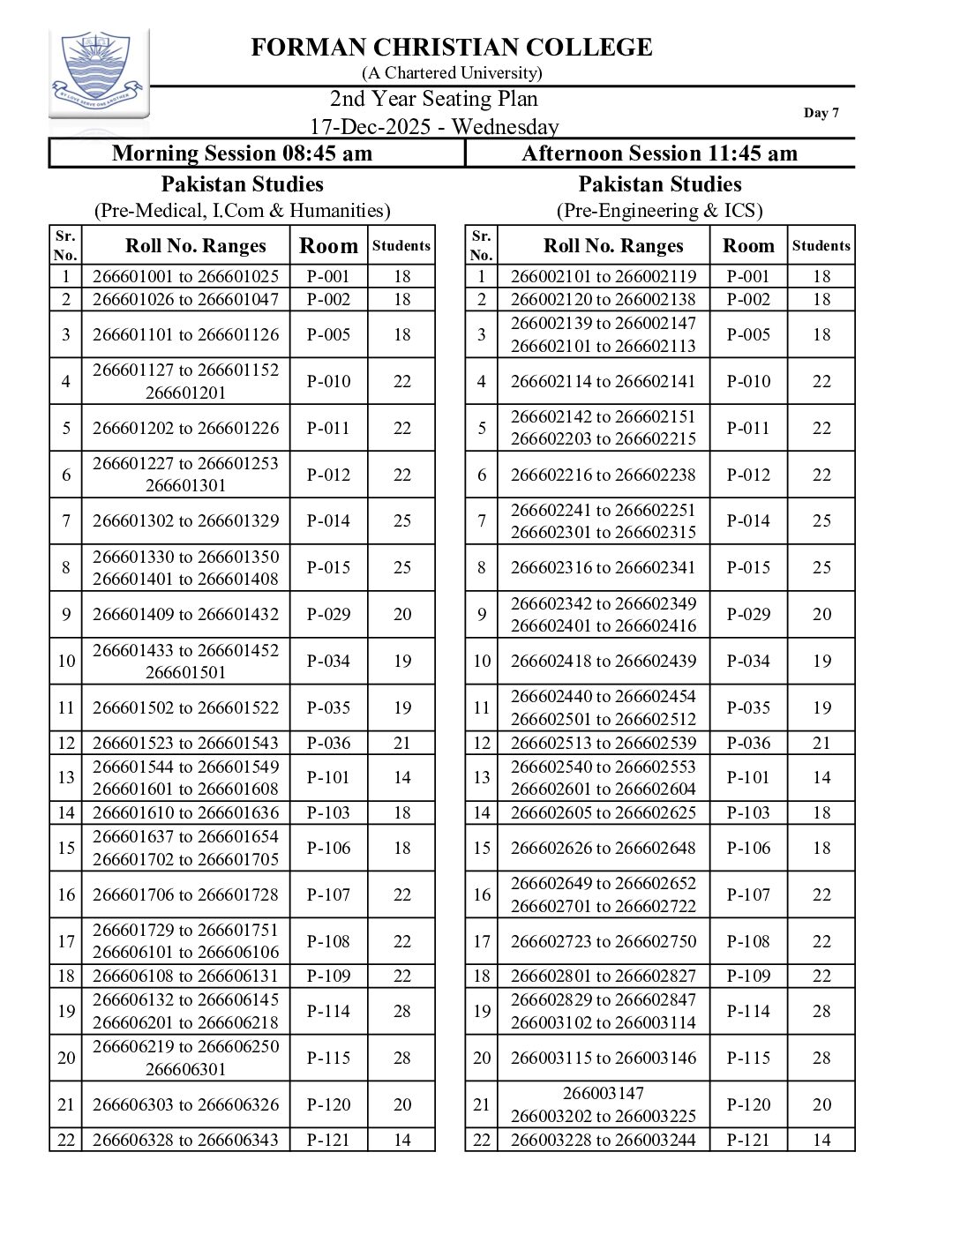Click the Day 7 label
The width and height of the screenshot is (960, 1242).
[821, 113]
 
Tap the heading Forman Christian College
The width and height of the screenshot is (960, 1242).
[452, 48]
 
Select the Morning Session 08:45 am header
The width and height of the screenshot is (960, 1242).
[243, 153]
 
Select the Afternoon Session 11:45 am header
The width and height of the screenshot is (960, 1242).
[659, 153]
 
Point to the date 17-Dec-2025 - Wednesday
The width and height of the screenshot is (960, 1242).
[434, 127]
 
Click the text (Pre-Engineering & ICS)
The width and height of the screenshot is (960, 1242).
[659, 211]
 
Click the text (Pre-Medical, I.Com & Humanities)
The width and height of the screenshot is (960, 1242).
[243, 211]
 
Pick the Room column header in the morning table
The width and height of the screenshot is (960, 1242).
[328, 246]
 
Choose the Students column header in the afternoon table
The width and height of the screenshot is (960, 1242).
[821, 246]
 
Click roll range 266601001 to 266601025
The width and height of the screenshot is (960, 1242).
[185, 276]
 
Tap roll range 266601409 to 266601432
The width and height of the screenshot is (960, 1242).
[185, 614]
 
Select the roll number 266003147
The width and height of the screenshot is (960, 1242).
[604, 1093]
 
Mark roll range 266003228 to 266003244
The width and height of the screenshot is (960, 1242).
[604, 1140]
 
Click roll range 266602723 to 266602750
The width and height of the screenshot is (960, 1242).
[604, 941]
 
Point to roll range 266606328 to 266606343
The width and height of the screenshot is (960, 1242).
[185, 1140]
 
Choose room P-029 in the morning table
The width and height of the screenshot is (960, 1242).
[328, 614]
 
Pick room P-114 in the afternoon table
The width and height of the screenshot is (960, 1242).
[748, 1011]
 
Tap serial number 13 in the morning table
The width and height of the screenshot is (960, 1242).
[66, 777]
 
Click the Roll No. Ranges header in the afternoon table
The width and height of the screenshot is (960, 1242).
[613, 246]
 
